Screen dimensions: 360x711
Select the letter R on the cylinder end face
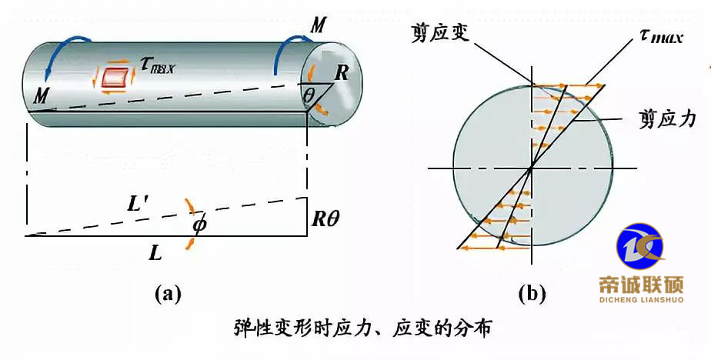(x=342, y=74)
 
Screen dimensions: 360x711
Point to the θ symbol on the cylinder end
(x=309, y=95)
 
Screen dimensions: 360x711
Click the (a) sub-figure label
(x=166, y=293)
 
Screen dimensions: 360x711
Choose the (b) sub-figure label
(x=532, y=293)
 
